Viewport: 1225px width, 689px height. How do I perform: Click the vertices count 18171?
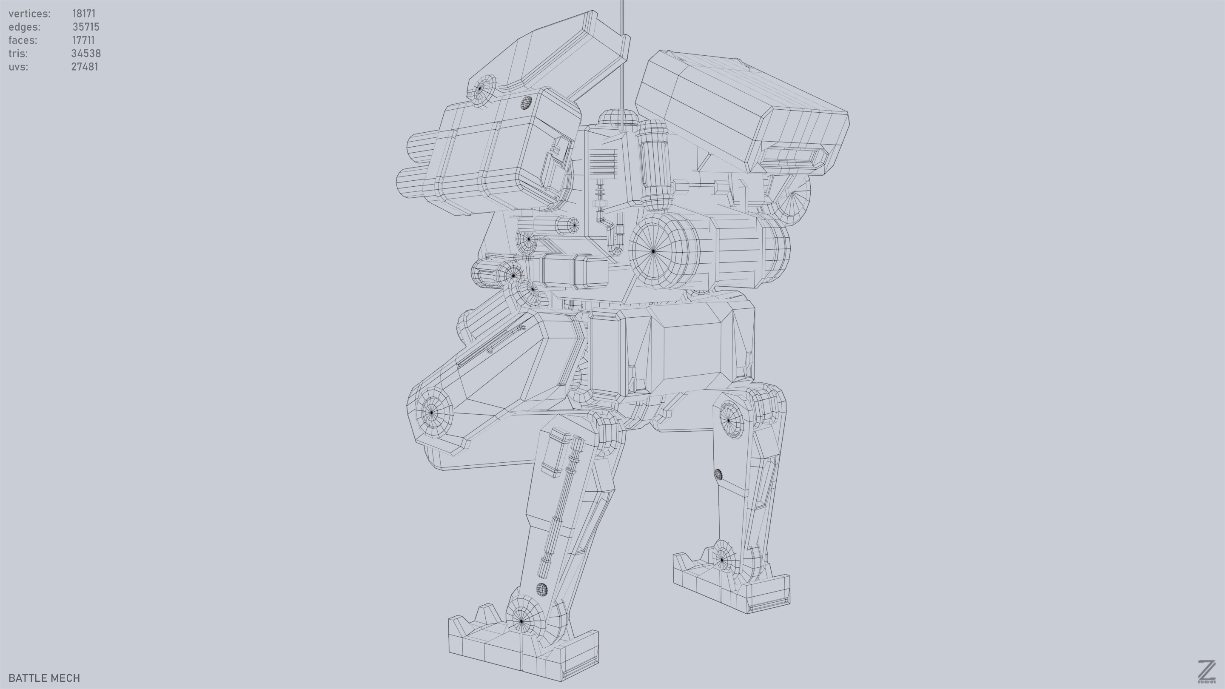pos(84,13)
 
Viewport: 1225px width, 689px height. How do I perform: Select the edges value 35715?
pos(85,27)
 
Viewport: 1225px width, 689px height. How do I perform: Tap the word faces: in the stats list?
pos(23,40)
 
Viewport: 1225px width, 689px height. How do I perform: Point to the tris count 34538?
pos(85,53)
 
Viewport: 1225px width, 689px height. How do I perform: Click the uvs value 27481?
pos(84,67)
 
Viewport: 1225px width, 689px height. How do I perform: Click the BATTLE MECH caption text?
pos(44,678)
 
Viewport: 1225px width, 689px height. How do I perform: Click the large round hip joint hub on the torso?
pos(653,251)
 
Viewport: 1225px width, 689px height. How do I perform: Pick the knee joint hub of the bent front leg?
pos(432,412)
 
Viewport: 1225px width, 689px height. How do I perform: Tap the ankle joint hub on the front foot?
pos(521,621)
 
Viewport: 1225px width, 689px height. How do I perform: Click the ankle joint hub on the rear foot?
pos(722,559)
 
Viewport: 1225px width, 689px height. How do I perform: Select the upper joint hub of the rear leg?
pos(729,420)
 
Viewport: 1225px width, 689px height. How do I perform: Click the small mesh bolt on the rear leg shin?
pos(718,474)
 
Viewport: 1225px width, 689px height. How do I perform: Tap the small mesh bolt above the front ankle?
pos(541,589)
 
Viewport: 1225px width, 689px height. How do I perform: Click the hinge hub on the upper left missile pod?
pos(480,88)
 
